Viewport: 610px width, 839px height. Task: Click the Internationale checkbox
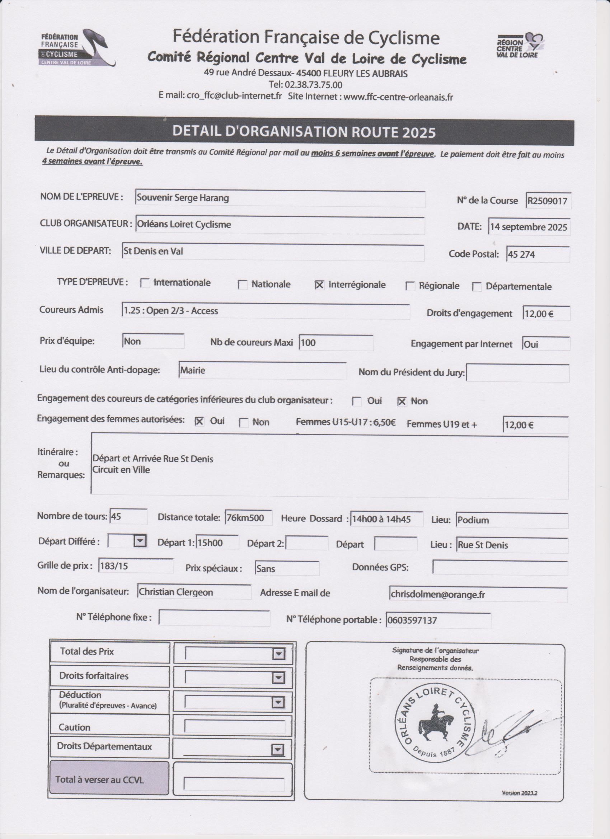pos(145,283)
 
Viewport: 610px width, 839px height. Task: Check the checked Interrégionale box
pos(319,285)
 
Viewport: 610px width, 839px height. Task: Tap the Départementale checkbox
pos(477,287)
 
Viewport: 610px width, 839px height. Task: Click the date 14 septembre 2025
pos(528,227)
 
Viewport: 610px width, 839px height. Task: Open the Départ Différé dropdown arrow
pos(140,541)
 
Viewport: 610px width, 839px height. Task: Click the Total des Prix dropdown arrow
pos(278,655)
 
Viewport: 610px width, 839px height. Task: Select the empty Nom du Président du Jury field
pos(517,373)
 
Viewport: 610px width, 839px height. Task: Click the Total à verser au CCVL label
pos(99,780)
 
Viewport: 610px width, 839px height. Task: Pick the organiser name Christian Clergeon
pos(176,592)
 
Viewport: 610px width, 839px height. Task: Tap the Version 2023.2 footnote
pos(519,793)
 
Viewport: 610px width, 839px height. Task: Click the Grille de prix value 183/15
pos(114,566)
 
